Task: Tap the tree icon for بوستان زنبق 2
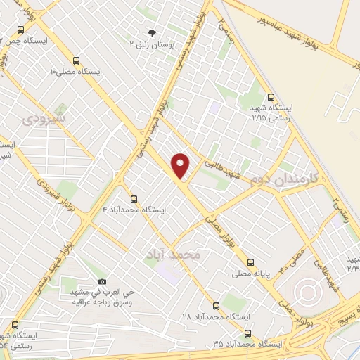pos(151,32)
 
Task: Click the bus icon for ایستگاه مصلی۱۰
pos(76,60)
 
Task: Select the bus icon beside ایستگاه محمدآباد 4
pos(134,199)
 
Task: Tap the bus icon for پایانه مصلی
pos(237,266)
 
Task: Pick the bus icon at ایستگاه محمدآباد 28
pos(215,306)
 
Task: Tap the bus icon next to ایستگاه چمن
pos(20,30)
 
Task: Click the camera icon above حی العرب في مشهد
pos(103,281)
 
